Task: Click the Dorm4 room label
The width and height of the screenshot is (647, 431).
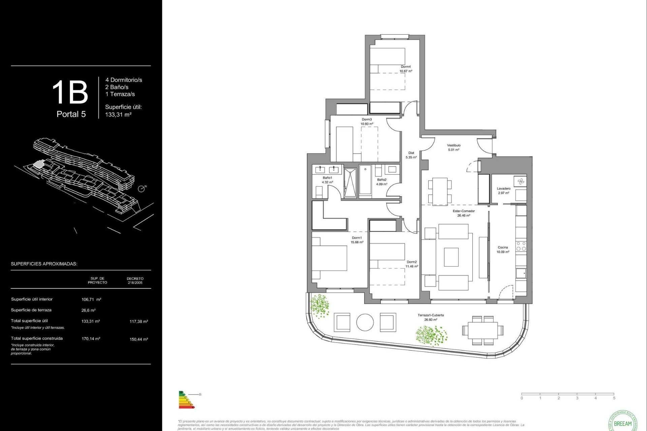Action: [x=406, y=67]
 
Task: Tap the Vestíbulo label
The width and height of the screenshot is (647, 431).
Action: [x=454, y=145]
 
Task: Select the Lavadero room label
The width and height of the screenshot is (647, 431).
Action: [x=503, y=189]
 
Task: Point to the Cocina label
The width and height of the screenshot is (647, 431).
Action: [x=503, y=247]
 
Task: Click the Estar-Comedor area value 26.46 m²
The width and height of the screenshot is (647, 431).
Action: [x=464, y=215]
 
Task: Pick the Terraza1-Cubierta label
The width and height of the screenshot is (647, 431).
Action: [x=431, y=315]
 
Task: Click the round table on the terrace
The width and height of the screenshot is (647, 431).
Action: [x=365, y=323]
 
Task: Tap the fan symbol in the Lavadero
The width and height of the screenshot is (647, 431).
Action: [x=521, y=182]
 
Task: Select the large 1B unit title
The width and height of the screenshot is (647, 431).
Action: [x=70, y=92]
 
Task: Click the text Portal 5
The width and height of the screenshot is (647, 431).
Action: [x=71, y=114]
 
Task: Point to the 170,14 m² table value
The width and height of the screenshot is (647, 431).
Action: [x=91, y=339]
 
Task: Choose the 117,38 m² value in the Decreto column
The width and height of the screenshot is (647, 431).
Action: [x=138, y=322]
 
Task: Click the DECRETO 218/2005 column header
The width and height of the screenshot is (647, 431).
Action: [x=135, y=280]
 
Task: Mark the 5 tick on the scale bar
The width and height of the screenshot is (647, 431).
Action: [x=614, y=398]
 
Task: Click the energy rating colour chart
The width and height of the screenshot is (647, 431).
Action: [x=186, y=400]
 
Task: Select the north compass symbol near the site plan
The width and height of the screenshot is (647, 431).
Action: [x=142, y=189]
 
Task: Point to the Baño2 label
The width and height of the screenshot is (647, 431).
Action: [x=382, y=180]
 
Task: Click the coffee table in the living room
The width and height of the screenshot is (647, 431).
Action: [x=451, y=257]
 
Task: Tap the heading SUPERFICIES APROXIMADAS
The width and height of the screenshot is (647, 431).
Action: [x=44, y=264]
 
